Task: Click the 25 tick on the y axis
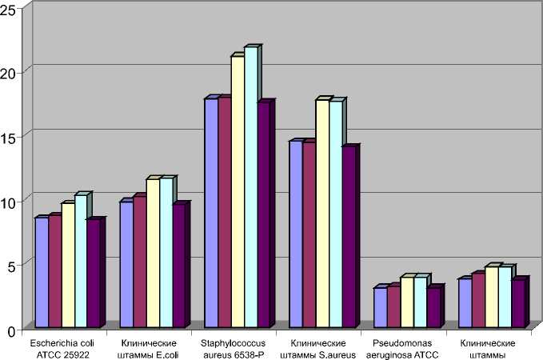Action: (9, 7)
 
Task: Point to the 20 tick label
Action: (9, 72)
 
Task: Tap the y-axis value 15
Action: (9, 136)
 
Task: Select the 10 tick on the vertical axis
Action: (9, 201)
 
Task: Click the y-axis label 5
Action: (12, 265)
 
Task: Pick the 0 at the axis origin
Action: (12, 330)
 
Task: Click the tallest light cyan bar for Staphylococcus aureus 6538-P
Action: (251, 188)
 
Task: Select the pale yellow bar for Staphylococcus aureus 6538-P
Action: (238, 192)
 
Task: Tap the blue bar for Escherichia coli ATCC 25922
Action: (41, 272)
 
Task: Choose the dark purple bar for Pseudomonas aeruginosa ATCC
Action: (434, 307)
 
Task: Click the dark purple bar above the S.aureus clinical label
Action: (349, 237)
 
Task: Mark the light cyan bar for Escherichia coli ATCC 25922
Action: (81, 262)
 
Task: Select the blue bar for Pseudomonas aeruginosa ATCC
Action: (381, 307)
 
